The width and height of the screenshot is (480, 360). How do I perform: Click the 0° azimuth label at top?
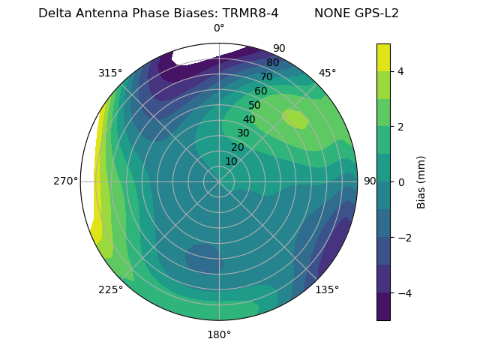(x=219, y=28)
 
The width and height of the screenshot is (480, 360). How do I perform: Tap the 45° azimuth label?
(x=327, y=73)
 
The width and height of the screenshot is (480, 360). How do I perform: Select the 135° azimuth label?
(x=327, y=289)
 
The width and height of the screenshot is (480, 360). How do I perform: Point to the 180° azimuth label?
(x=219, y=334)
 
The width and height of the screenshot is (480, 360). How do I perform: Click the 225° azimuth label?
(x=110, y=289)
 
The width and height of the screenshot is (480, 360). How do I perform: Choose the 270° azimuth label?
(x=65, y=181)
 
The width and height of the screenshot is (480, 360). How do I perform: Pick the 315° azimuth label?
(x=110, y=73)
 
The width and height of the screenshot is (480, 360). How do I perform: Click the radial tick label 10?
(x=231, y=161)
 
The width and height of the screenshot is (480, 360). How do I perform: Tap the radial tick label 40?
(x=249, y=120)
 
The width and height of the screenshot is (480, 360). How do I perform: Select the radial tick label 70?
(x=266, y=76)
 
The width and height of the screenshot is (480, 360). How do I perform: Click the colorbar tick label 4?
(x=401, y=71)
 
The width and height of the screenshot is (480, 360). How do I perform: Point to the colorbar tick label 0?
(x=401, y=182)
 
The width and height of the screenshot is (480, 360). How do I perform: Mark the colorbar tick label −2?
(x=404, y=238)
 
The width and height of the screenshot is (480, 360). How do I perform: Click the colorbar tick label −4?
(x=404, y=293)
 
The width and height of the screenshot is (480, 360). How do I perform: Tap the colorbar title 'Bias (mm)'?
(x=421, y=181)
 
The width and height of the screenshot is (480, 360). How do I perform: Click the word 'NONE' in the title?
(x=334, y=13)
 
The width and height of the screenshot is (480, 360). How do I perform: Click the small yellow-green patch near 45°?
(x=295, y=118)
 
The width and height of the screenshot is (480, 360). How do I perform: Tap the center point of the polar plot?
(x=219, y=181)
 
